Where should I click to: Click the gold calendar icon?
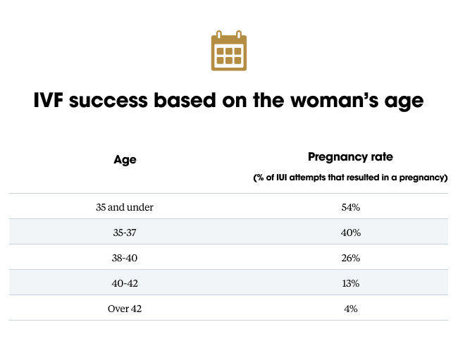coord(229,51)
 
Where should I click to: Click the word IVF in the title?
coord(48,100)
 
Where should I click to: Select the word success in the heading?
coord(109,101)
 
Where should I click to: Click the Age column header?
coord(125,160)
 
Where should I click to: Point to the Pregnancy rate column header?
coord(350,157)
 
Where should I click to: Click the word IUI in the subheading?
coord(282,178)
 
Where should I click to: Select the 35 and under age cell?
coord(125,207)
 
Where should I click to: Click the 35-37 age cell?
coord(125,232)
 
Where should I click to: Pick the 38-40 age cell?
coord(125,258)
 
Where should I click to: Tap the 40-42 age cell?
coord(125,283)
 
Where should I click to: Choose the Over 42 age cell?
coord(125,309)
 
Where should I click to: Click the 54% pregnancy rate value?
coord(350,207)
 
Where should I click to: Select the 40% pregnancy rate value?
coord(350,232)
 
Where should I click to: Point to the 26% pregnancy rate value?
coord(350,258)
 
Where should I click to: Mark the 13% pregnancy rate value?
coord(350,283)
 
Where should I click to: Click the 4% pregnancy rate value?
coord(350,309)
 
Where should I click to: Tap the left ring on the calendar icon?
coord(219,35)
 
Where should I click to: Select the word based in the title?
coord(185,100)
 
